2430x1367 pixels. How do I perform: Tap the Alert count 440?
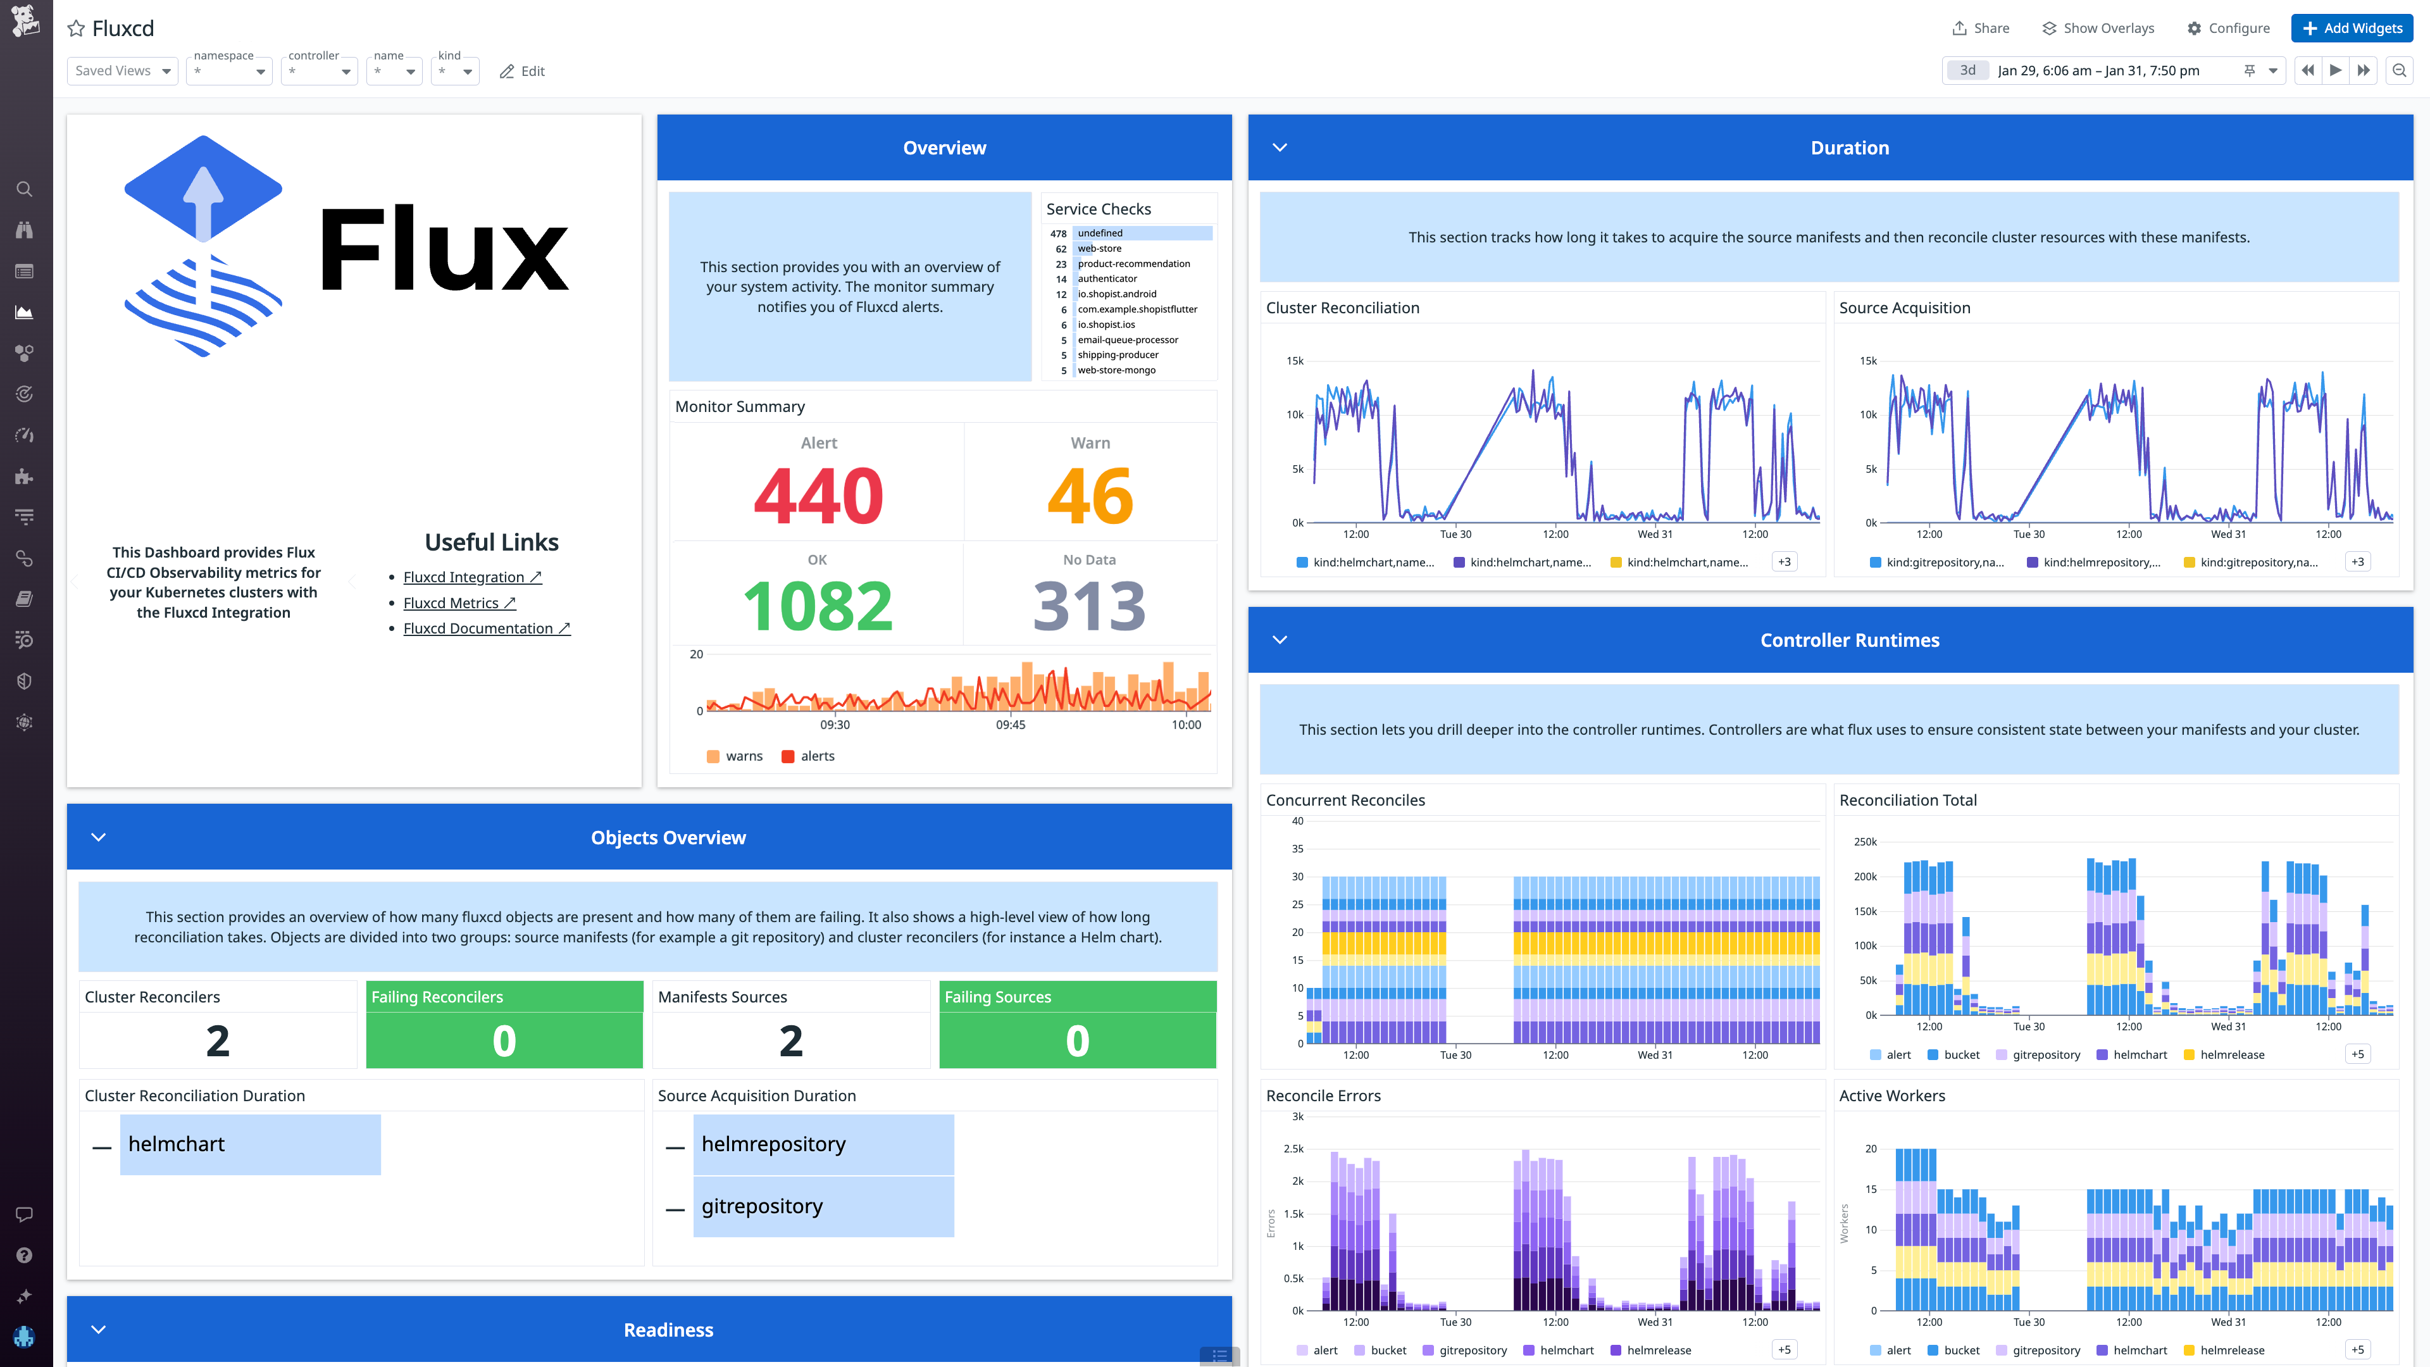[818, 496]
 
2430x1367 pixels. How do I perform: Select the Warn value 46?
[1090, 496]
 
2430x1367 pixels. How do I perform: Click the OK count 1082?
[817, 606]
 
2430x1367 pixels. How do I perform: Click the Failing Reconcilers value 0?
[504, 1040]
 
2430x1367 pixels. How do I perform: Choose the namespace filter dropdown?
[229, 71]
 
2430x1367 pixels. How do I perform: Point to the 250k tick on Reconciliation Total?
[1865, 842]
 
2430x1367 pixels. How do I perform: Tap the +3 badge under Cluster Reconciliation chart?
[1784, 562]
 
